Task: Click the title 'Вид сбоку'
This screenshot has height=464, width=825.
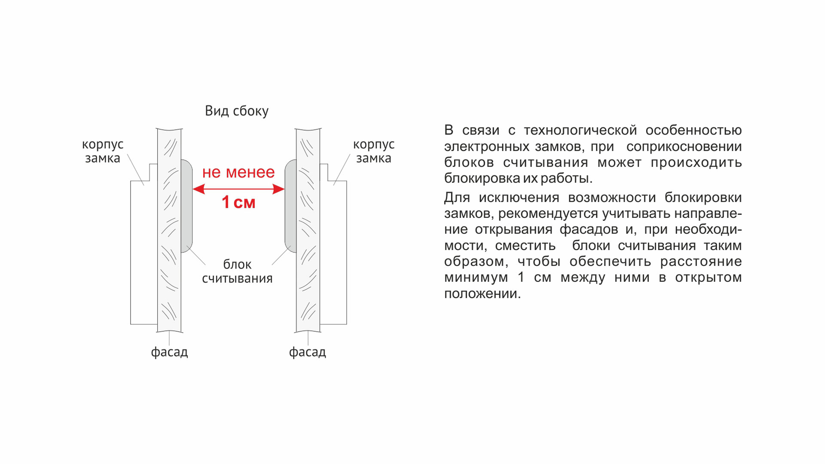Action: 237,111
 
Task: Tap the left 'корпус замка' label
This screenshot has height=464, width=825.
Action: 103,151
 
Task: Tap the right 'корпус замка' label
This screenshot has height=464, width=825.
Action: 374,151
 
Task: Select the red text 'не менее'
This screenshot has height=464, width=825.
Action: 238,172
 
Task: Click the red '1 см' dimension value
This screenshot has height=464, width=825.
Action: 238,202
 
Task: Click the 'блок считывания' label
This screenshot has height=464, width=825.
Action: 237,272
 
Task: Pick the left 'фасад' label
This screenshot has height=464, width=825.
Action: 169,352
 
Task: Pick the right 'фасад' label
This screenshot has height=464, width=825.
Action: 308,352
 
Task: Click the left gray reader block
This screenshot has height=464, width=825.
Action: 186,206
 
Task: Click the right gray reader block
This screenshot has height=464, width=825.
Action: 291,206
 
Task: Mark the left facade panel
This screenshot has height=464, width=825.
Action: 169,230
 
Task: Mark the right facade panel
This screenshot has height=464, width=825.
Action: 308,230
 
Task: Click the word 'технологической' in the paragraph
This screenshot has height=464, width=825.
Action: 581,130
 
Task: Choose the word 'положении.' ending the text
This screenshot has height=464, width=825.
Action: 483,294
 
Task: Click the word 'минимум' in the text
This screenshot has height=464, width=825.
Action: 476,278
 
